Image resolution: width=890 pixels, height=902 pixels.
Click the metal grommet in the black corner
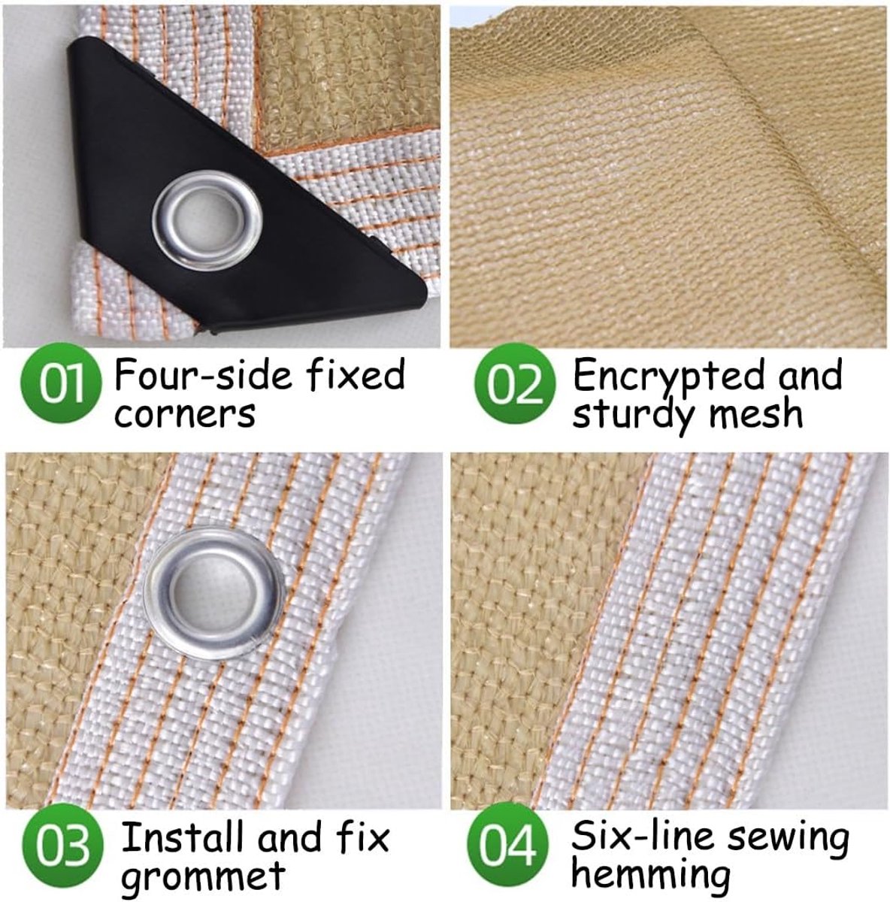click(207, 220)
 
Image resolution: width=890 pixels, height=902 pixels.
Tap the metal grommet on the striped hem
click(213, 593)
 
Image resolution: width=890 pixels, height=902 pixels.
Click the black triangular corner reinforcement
click(234, 187)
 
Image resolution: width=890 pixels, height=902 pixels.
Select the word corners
click(185, 413)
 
